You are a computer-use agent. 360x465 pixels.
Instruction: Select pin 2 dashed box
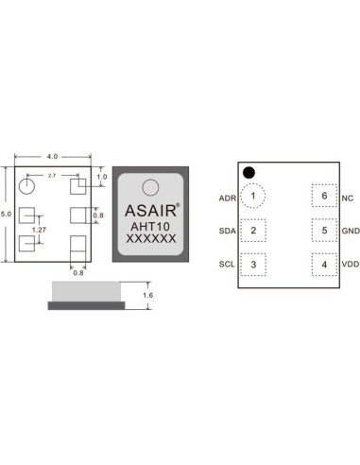click(x=253, y=231)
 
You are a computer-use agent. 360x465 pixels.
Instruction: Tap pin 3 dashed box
click(x=253, y=264)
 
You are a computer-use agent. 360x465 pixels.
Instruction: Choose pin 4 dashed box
click(x=324, y=264)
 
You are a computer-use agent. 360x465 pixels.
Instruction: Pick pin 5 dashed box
click(x=324, y=231)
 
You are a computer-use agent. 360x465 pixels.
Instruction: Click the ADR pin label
click(x=227, y=198)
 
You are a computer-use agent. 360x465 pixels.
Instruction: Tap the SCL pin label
click(x=227, y=265)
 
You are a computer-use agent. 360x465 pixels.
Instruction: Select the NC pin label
click(x=348, y=198)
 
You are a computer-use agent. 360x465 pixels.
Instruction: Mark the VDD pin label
click(x=350, y=265)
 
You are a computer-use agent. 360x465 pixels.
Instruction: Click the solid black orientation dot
click(x=249, y=173)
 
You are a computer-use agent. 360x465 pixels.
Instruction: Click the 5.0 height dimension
click(x=9, y=215)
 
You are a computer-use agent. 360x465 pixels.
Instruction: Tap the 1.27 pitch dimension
click(x=39, y=230)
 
